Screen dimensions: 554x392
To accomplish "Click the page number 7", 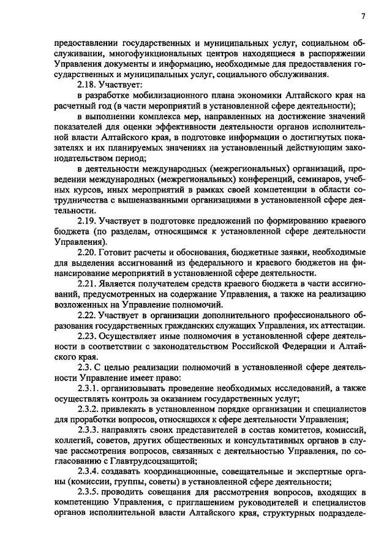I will (x=363, y=17).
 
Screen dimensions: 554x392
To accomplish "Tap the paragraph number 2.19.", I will (x=88, y=221).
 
